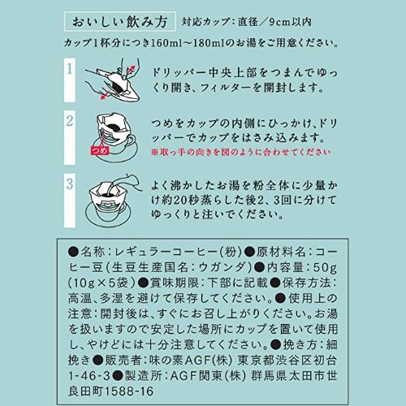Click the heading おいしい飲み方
click(119, 22)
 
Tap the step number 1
click(70, 69)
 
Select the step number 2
click(70, 121)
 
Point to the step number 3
click(70, 184)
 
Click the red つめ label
click(100, 150)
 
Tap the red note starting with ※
click(240, 152)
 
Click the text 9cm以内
click(291, 22)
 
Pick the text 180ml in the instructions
click(209, 43)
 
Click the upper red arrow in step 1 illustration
click(131, 70)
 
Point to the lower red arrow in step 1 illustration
click(105, 95)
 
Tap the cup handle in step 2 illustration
click(129, 140)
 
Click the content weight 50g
click(325, 268)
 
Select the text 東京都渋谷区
click(274, 361)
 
